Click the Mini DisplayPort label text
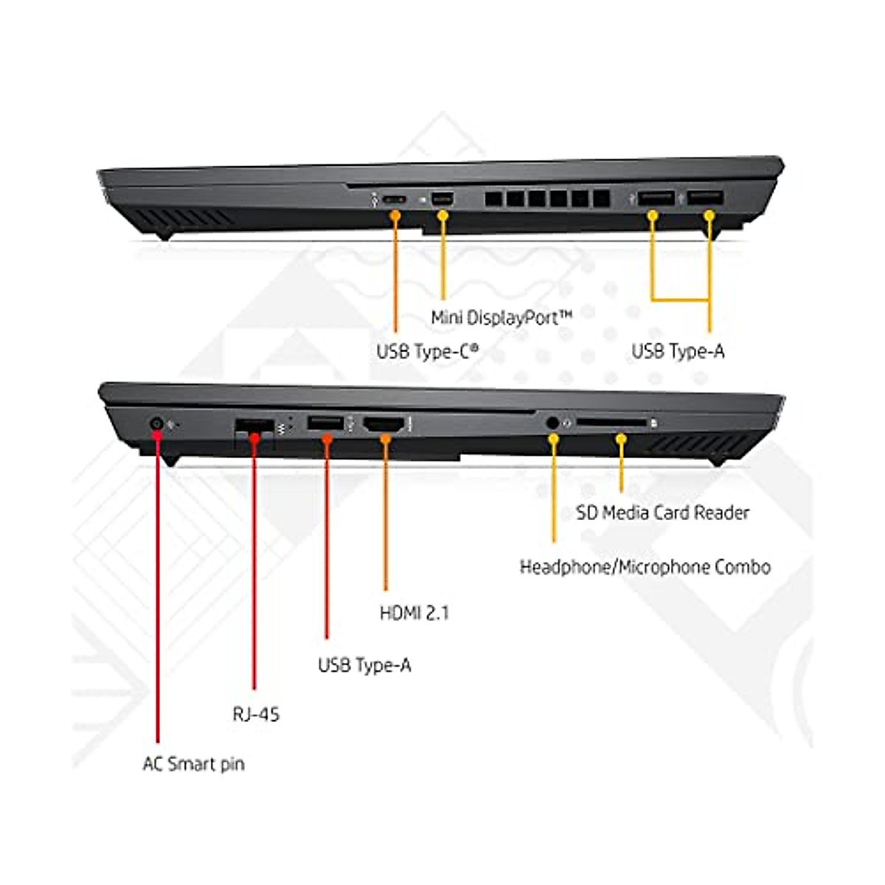(x=502, y=318)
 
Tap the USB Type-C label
(x=428, y=352)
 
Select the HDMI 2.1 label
(x=414, y=613)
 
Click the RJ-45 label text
(x=256, y=714)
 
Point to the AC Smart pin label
(x=193, y=764)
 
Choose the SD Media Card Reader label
(x=662, y=513)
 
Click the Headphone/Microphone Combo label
(x=645, y=567)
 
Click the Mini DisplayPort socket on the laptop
(x=443, y=198)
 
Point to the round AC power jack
(x=156, y=423)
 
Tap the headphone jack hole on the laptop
(x=553, y=423)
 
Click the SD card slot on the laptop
(x=611, y=423)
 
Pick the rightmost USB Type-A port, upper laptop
(x=705, y=198)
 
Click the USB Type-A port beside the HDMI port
(x=326, y=423)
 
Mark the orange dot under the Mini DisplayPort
(x=443, y=215)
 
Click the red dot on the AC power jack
(x=157, y=433)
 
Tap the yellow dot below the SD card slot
(x=621, y=439)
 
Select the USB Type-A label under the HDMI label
(x=364, y=665)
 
